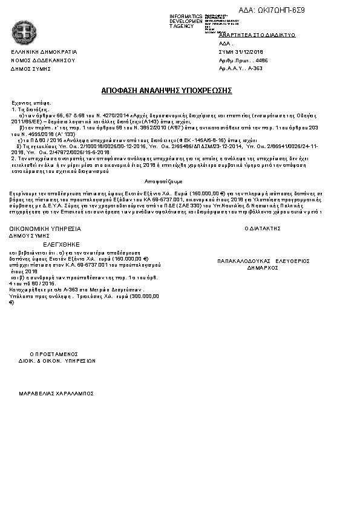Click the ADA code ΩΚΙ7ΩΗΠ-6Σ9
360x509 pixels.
(x=284, y=11)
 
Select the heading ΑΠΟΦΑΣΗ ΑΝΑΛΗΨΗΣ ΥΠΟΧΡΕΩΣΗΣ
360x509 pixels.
(x=167, y=90)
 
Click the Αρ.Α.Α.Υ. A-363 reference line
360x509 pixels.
(x=241, y=70)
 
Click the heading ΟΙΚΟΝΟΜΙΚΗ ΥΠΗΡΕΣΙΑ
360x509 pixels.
(x=45, y=229)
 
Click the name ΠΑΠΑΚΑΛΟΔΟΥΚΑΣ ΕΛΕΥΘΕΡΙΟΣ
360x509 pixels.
(x=263, y=261)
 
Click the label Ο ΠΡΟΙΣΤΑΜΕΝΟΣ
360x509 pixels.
(x=54, y=354)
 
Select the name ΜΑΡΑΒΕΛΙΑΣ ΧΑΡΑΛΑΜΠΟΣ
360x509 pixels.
(x=57, y=393)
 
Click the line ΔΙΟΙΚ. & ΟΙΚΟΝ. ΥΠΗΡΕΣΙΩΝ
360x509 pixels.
(x=57, y=360)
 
